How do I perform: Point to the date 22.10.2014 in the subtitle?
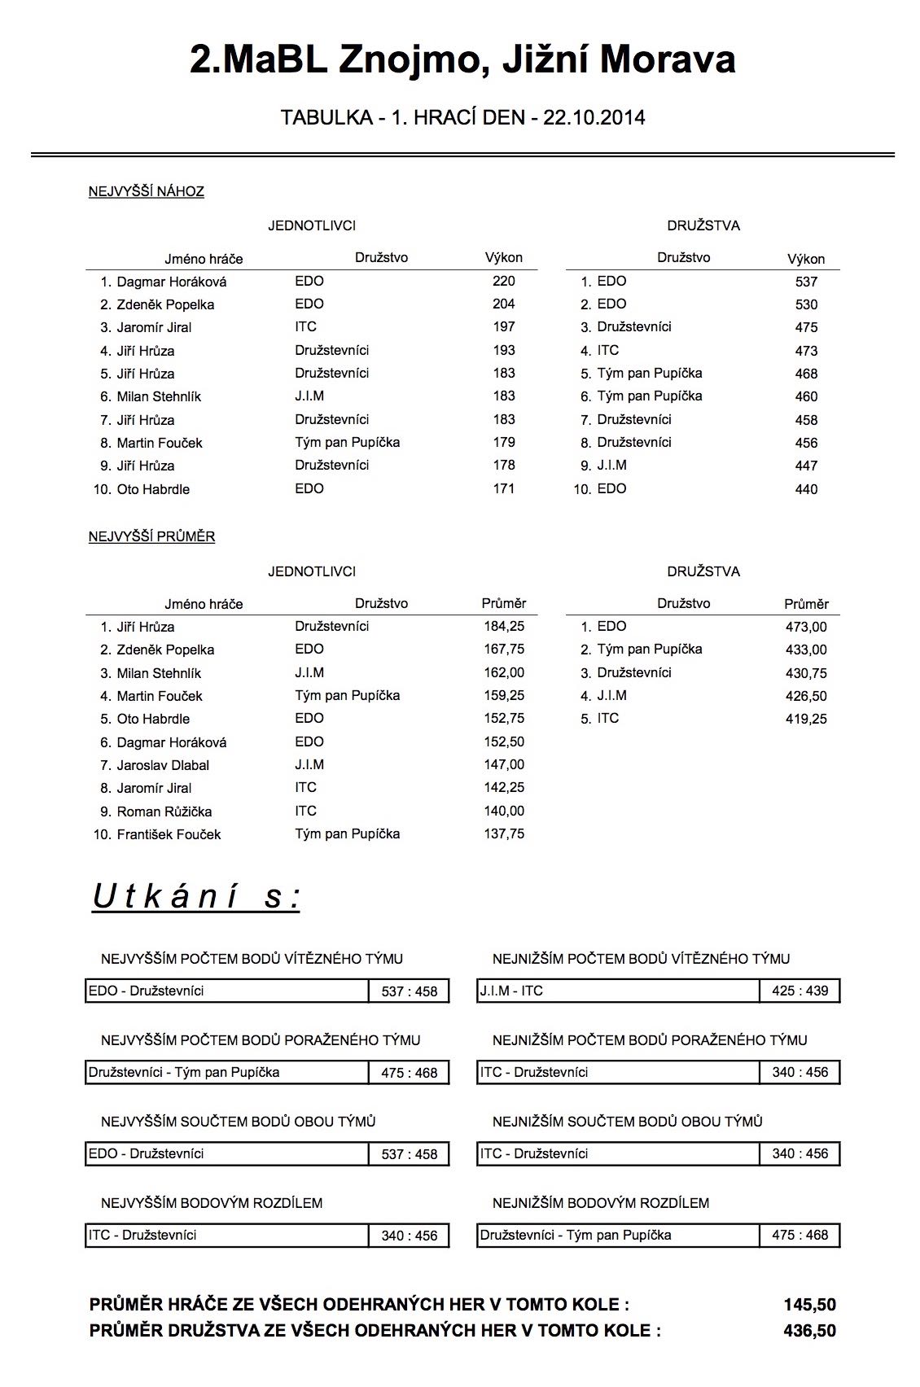(594, 118)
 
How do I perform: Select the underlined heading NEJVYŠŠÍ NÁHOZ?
(147, 192)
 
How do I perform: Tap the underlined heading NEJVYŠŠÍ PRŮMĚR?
(151, 537)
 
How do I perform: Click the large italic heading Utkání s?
(196, 897)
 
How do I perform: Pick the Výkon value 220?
(503, 282)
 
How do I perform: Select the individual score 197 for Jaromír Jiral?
(503, 327)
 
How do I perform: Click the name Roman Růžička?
(164, 812)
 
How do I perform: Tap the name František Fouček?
(169, 834)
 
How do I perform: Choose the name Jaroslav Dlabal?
(163, 765)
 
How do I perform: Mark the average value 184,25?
(504, 627)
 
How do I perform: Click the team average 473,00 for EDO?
(806, 627)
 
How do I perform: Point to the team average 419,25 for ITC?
(806, 720)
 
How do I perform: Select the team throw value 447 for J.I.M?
(806, 466)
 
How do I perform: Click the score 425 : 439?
(800, 991)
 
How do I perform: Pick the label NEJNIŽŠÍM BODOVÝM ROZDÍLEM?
(600, 1203)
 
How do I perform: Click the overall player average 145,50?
(809, 1305)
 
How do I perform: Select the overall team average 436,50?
(809, 1331)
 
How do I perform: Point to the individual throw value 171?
(503, 489)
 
